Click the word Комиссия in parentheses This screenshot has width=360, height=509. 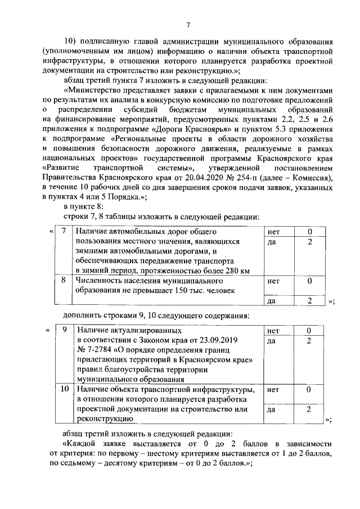pyautogui.click(x=307, y=179)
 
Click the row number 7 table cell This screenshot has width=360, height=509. pyautogui.click(x=64, y=231)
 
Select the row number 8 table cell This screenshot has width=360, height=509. pyautogui.click(x=64, y=280)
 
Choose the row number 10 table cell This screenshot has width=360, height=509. pyautogui.click(x=64, y=389)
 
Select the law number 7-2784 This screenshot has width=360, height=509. pyautogui.click(x=99, y=350)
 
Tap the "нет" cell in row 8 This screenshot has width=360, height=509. pyautogui.click(x=274, y=280)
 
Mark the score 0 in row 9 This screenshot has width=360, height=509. pyautogui.click(x=309, y=331)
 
